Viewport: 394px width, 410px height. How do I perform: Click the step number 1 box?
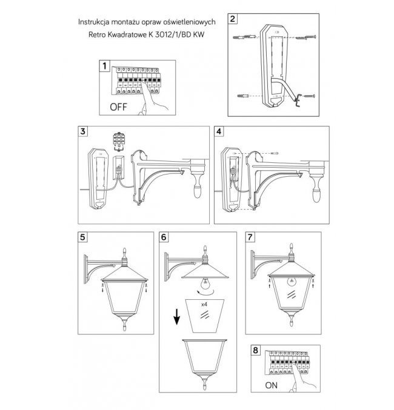pyautogui.click(x=105, y=65)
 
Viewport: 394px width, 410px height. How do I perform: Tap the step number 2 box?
pyautogui.click(x=233, y=19)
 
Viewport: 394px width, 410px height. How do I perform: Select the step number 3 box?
pyautogui.click(x=83, y=131)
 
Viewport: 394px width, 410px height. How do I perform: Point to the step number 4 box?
pyautogui.click(x=219, y=131)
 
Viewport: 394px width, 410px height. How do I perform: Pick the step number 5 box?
pyautogui.click(x=82, y=237)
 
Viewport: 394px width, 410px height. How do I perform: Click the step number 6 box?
pyautogui.click(x=164, y=237)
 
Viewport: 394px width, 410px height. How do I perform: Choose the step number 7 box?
pyautogui.click(x=250, y=237)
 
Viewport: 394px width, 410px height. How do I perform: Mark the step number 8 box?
pyautogui.click(x=256, y=350)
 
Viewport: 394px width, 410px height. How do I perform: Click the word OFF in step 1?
pyautogui.click(x=118, y=107)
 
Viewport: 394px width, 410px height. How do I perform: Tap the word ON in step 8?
pyautogui.click(x=271, y=385)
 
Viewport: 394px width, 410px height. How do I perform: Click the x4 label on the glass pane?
pyautogui.click(x=204, y=305)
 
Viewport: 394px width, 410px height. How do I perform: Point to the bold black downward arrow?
pyautogui.click(x=177, y=316)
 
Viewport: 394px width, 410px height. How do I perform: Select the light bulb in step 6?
pyautogui.click(x=205, y=283)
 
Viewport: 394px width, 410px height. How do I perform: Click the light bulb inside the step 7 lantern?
pyautogui.click(x=291, y=282)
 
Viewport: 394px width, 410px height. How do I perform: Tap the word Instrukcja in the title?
pyautogui.click(x=93, y=22)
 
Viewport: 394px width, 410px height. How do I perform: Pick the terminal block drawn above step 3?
pyautogui.click(x=119, y=142)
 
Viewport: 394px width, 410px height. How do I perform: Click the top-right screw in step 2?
pyautogui.click(x=306, y=38)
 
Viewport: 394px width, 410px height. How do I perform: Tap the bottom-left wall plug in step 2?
pyautogui.click(x=243, y=96)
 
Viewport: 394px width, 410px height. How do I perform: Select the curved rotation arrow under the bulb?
pyautogui.click(x=205, y=292)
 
